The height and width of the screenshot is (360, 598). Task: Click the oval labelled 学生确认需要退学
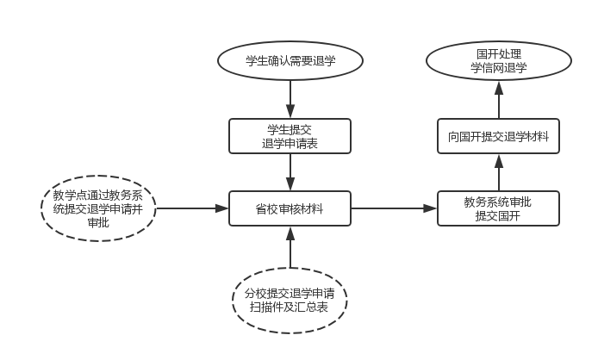coord(290,60)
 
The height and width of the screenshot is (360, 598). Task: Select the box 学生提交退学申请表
coord(290,136)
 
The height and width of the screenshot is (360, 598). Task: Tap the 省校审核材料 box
coord(290,208)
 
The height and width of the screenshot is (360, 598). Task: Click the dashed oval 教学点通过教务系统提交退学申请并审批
coord(98,208)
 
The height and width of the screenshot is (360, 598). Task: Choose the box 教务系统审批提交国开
coord(498,208)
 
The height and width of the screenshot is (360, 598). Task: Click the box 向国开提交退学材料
coord(498,136)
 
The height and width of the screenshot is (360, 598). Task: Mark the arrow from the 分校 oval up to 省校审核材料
coord(290,247)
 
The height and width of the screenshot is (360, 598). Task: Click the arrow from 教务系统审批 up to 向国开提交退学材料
coord(498,173)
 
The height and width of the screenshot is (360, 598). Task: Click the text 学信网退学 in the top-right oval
coord(499,68)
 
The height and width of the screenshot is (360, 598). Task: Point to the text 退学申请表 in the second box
coord(290,144)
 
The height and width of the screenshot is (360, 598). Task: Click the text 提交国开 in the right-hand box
coord(498,216)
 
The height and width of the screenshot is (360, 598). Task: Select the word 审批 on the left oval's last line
coord(98,224)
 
